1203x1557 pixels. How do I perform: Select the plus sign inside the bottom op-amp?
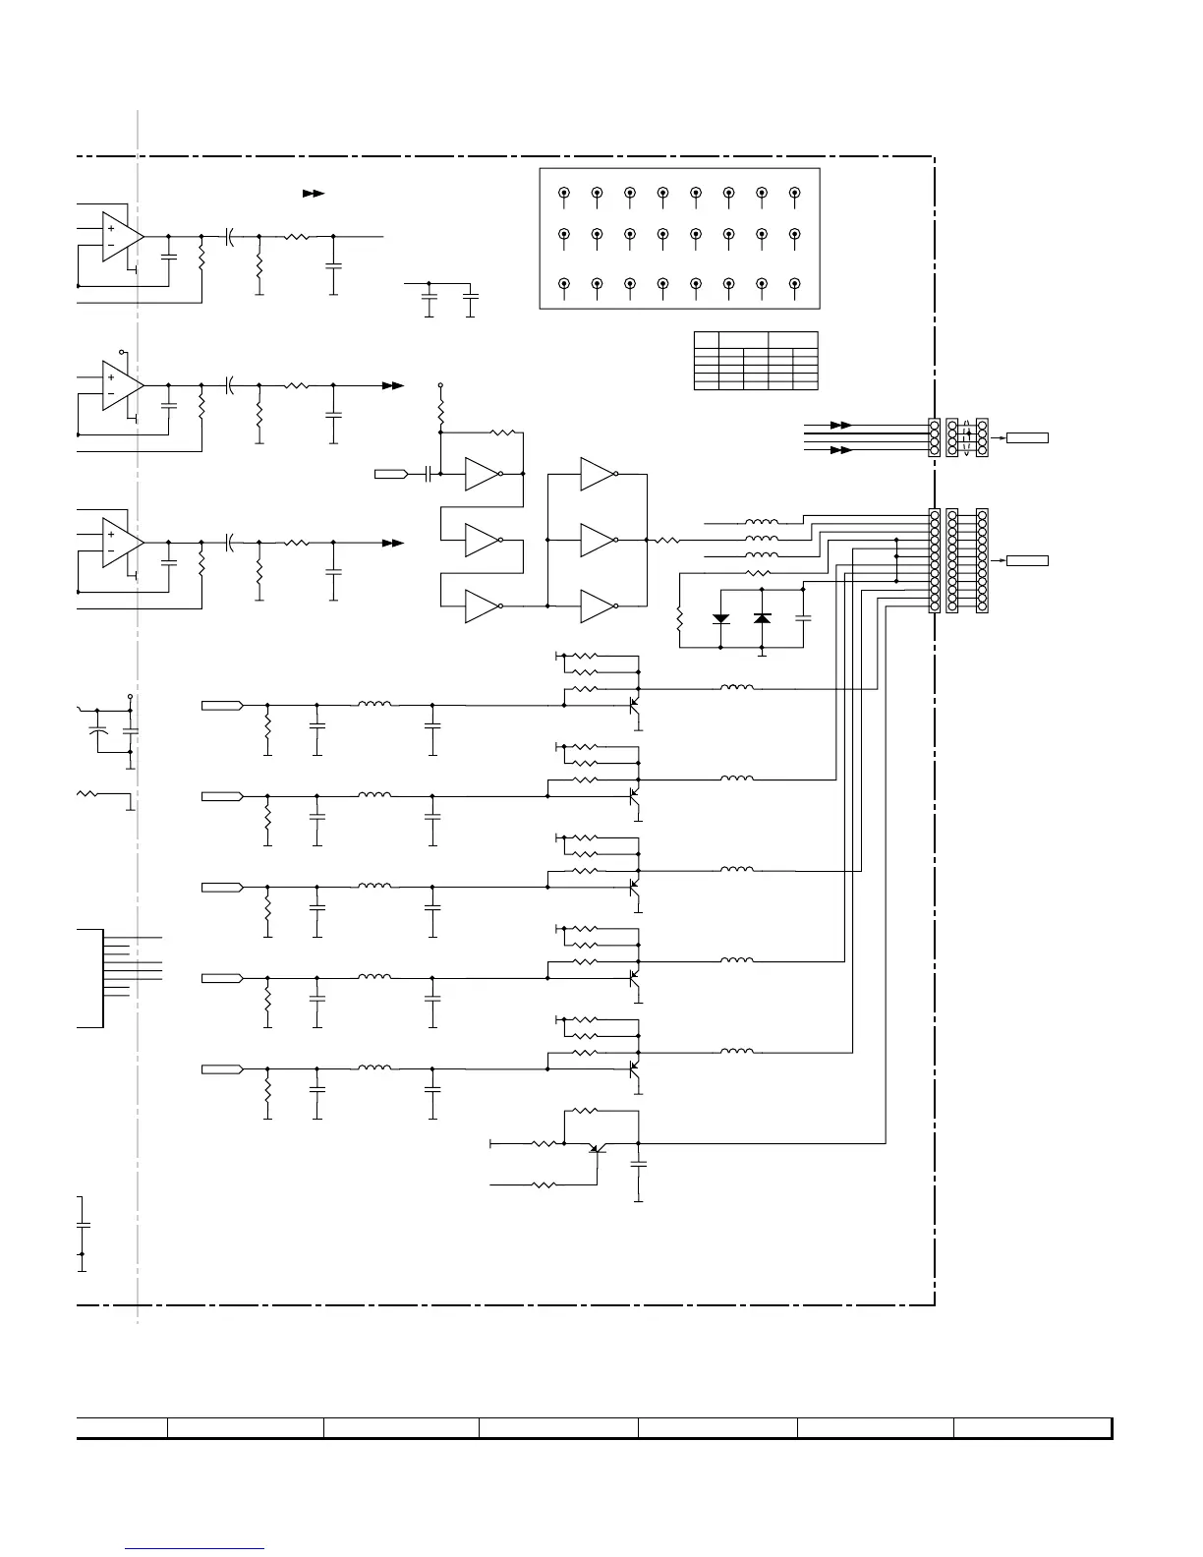point(111,535)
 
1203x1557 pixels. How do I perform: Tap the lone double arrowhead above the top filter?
point(314,195)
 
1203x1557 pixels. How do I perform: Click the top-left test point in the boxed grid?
point(564,194)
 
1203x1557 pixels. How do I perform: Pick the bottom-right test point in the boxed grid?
point(795,284)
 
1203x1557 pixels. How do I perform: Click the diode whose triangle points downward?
point(720,618)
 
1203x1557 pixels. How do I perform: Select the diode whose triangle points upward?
point(762,618)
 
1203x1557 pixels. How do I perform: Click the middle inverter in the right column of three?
point(598,540)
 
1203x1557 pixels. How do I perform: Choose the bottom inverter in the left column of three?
point(483,606)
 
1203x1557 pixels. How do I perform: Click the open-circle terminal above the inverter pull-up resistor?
point(440,384)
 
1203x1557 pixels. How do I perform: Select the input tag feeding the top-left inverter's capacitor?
point(390,475)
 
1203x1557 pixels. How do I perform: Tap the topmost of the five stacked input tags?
point(221,705)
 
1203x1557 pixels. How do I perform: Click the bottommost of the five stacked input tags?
point(221,1068)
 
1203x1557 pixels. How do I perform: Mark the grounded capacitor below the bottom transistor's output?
point(639,1164)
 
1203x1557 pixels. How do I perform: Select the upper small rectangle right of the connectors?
point(1027,437)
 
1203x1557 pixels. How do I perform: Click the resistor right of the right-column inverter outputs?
point(668,540)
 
